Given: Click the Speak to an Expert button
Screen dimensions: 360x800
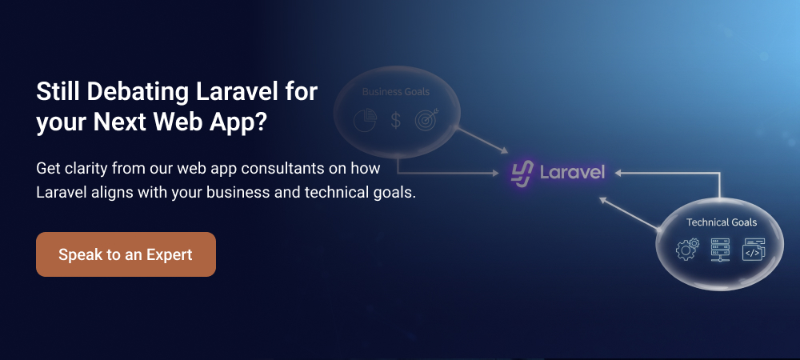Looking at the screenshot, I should click(126, 254).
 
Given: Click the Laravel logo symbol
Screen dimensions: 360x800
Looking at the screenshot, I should click(522, 172).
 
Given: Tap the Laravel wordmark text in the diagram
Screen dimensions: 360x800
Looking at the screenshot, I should click(571, 172).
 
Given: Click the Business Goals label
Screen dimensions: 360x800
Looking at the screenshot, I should click(394, 92).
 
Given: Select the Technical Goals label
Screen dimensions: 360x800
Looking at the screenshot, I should click(721, 222).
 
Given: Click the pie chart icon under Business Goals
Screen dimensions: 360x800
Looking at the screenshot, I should click(365, 121).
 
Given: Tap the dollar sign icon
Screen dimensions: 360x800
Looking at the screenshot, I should click(395, 121).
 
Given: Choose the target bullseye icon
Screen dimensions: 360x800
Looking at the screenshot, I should click(427, 121).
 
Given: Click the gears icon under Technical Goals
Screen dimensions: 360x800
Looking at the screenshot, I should click(687, 249).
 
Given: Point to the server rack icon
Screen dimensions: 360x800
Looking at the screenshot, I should click(721, 249).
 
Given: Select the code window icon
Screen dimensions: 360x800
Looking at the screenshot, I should click(753, 249).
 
